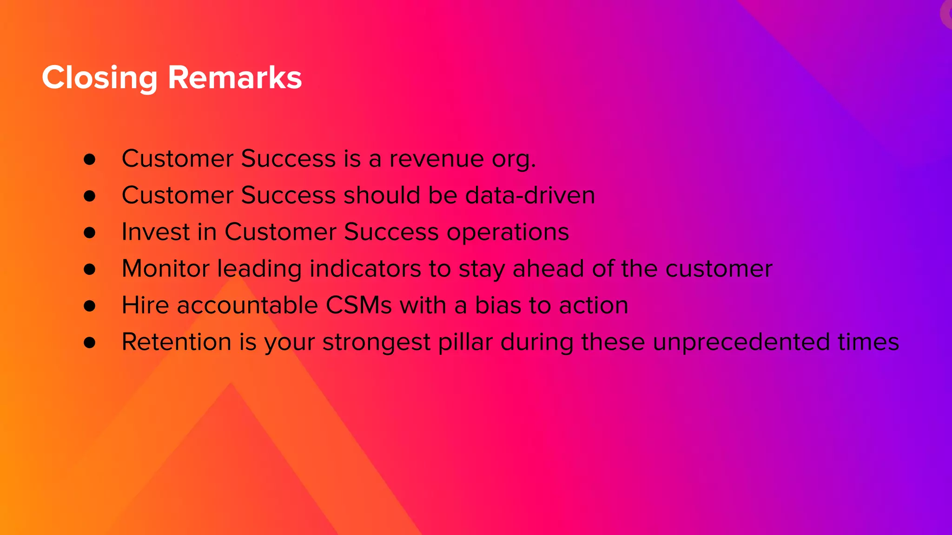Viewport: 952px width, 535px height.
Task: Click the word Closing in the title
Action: coord(99,78)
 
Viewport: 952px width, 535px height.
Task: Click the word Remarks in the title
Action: coord(235,78)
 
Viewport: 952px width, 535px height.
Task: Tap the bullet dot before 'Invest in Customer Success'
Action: coord(90,232)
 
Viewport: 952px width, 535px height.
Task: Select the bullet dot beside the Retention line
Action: coord(90,343)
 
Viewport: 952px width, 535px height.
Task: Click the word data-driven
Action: coord(530,195)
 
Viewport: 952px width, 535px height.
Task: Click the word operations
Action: coord(508,233)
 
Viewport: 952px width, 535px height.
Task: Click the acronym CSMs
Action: coord(359,305)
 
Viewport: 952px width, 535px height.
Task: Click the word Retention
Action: coord(176,342)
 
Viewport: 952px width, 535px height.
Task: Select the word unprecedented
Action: coord(741,343)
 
